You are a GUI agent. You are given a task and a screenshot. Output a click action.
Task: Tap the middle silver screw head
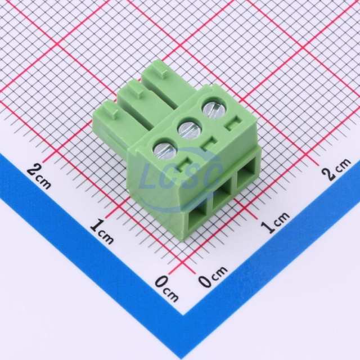(x=190, y=129)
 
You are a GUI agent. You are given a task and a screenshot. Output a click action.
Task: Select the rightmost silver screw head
(x=214, y=109)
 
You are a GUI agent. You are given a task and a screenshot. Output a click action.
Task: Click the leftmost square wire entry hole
(x=197, y=218)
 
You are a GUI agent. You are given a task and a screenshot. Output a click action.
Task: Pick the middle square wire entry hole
(x=222, y=196)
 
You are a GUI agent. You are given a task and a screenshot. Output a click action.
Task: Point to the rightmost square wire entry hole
(x=246, y=174)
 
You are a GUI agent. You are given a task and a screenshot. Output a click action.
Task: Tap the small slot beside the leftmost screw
(x=185, y=164)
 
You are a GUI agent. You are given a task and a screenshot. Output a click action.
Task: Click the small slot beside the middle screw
(x=209, y=143)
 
